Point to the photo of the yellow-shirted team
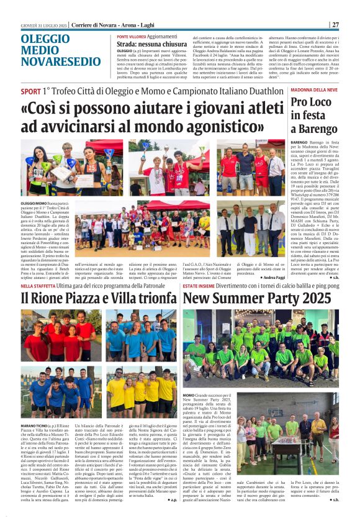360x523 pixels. tap(140, 391)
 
